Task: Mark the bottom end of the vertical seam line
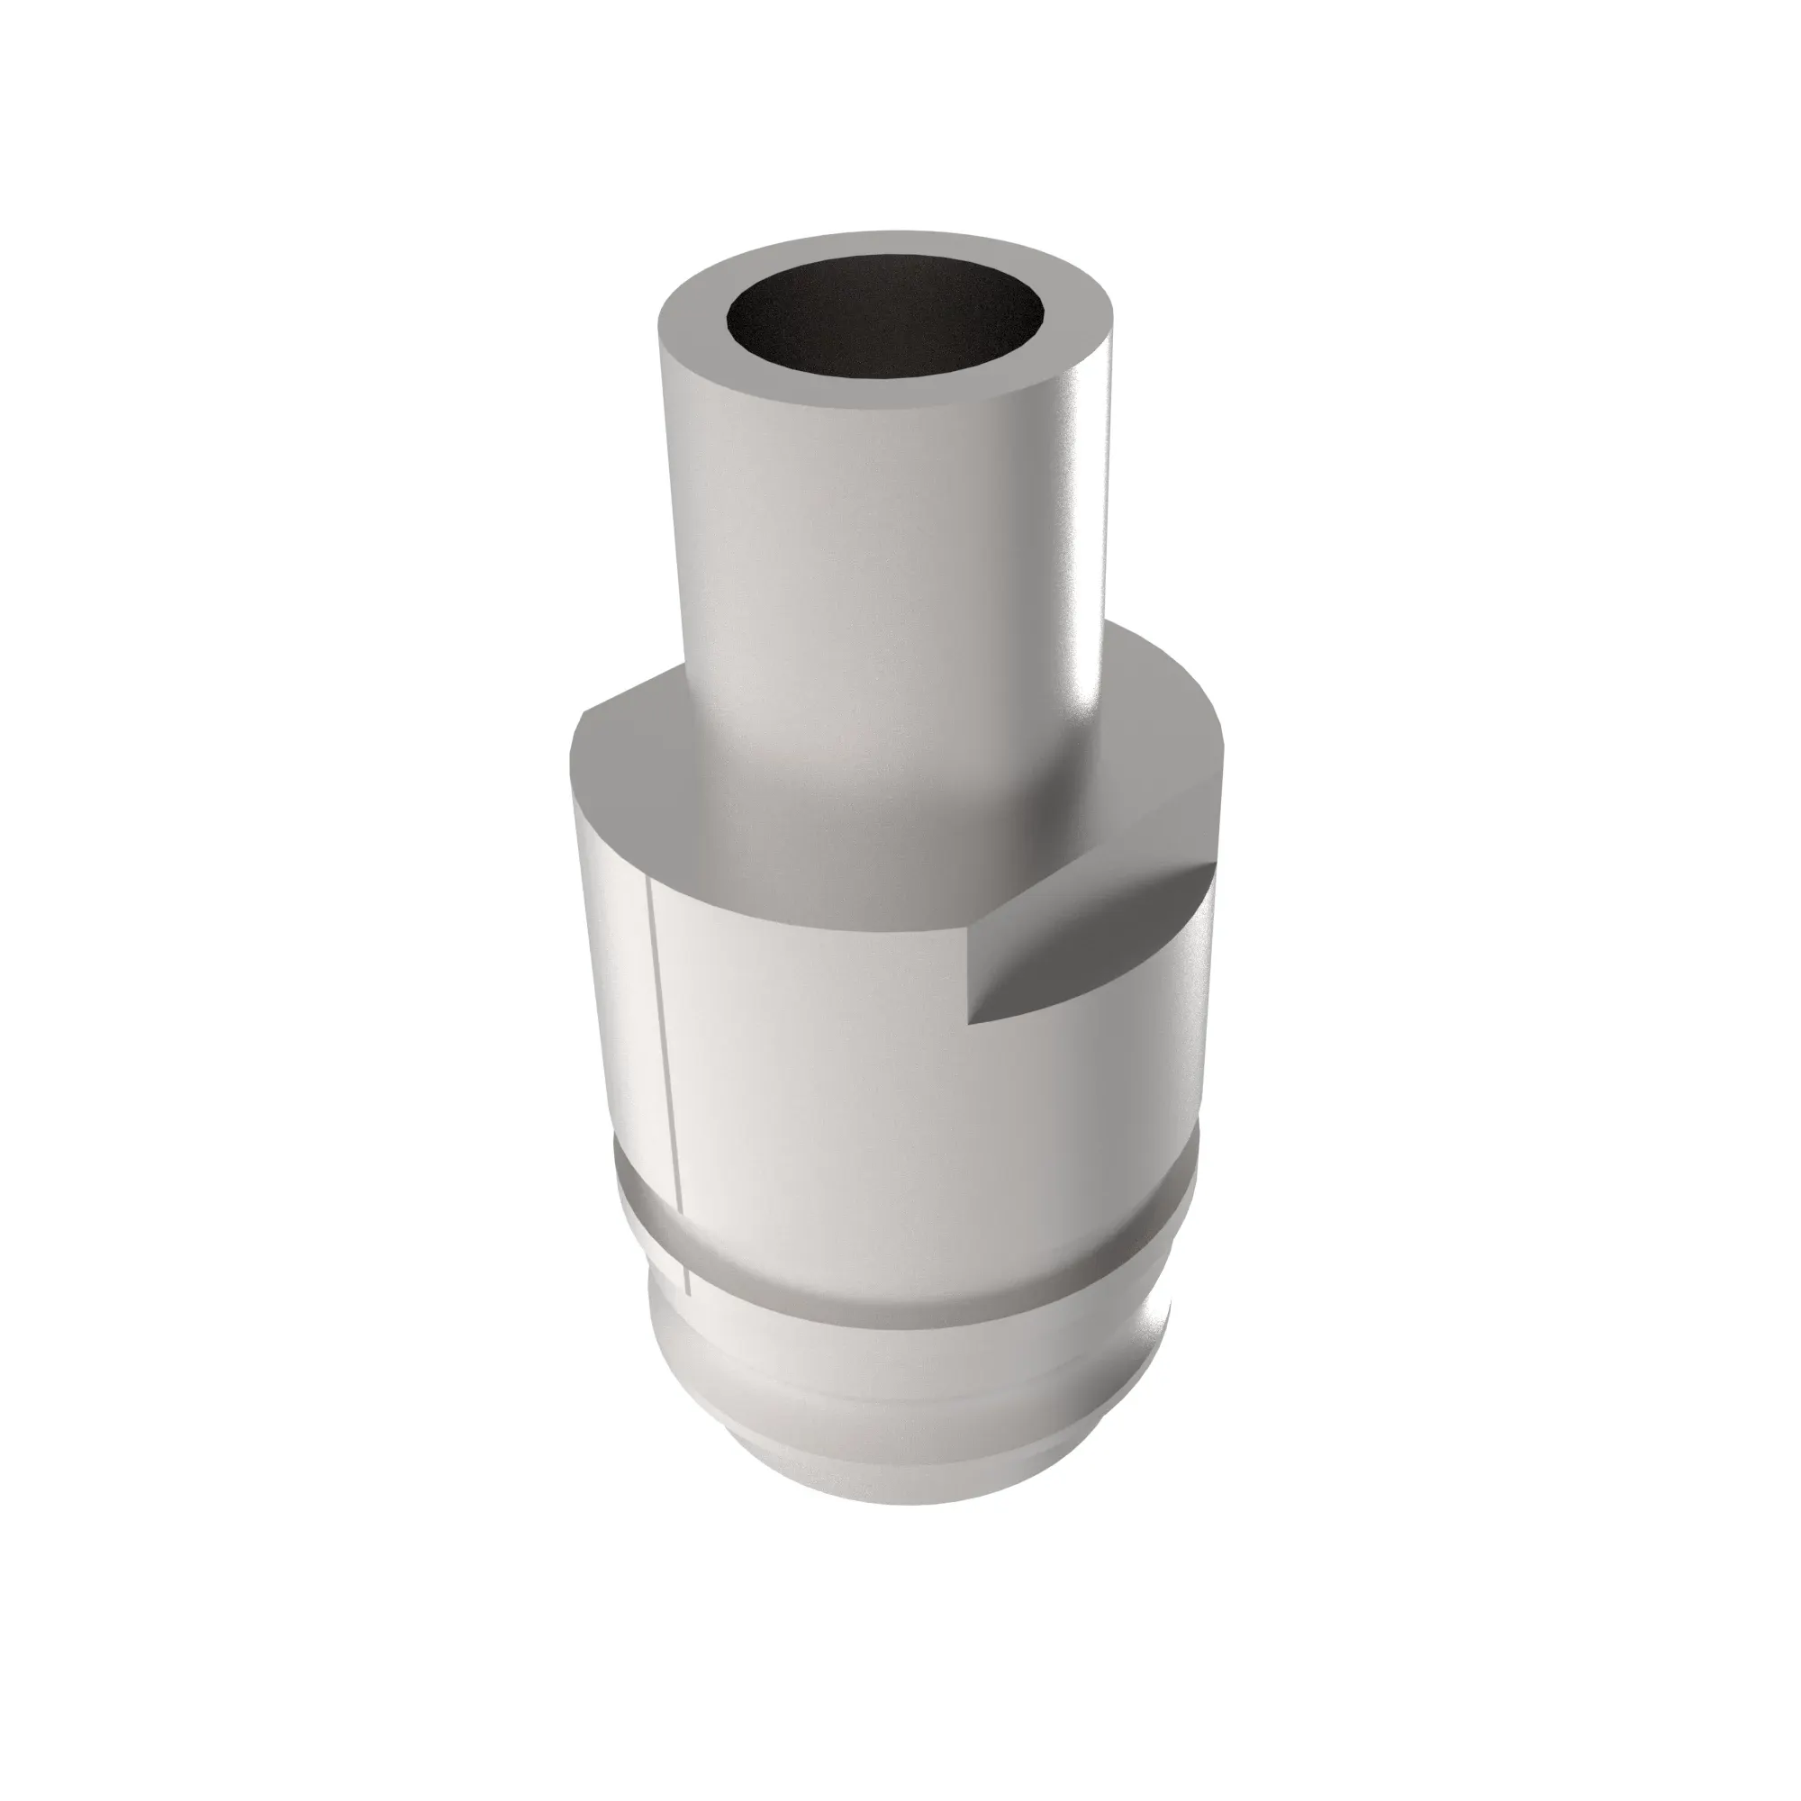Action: (686, 1294)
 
